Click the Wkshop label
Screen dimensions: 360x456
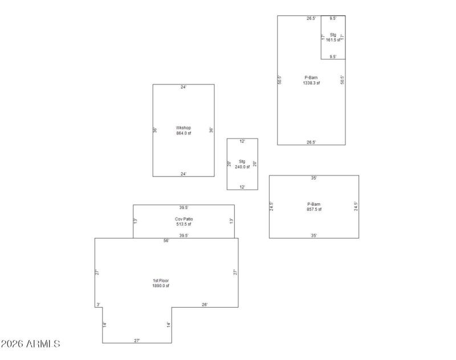[184, 128]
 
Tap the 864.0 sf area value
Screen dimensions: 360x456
[184, 133]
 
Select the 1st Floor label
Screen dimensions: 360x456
[161, 281]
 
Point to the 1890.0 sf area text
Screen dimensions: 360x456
[161, 286]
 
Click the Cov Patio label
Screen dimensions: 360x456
[184, 219]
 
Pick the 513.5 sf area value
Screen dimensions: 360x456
[184, 224]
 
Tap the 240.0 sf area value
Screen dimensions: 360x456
[242, 167]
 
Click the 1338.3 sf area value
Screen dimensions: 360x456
[311, 83]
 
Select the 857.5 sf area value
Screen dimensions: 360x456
[314, 209]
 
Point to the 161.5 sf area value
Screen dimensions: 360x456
[333, 40]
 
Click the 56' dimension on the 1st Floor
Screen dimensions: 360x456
[166, 241]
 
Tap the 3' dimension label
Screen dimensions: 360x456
[98, 305]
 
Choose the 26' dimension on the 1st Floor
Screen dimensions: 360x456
[205, 305]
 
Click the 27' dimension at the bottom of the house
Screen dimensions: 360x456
[137, 341]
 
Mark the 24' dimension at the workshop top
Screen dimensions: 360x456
[184, 88]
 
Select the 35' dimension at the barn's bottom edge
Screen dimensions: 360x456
[314, 235]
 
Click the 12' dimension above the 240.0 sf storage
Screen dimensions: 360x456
[242, 141]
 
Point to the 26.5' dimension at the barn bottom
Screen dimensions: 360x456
[311, 142]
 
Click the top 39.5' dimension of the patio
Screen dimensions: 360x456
[184, 208]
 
